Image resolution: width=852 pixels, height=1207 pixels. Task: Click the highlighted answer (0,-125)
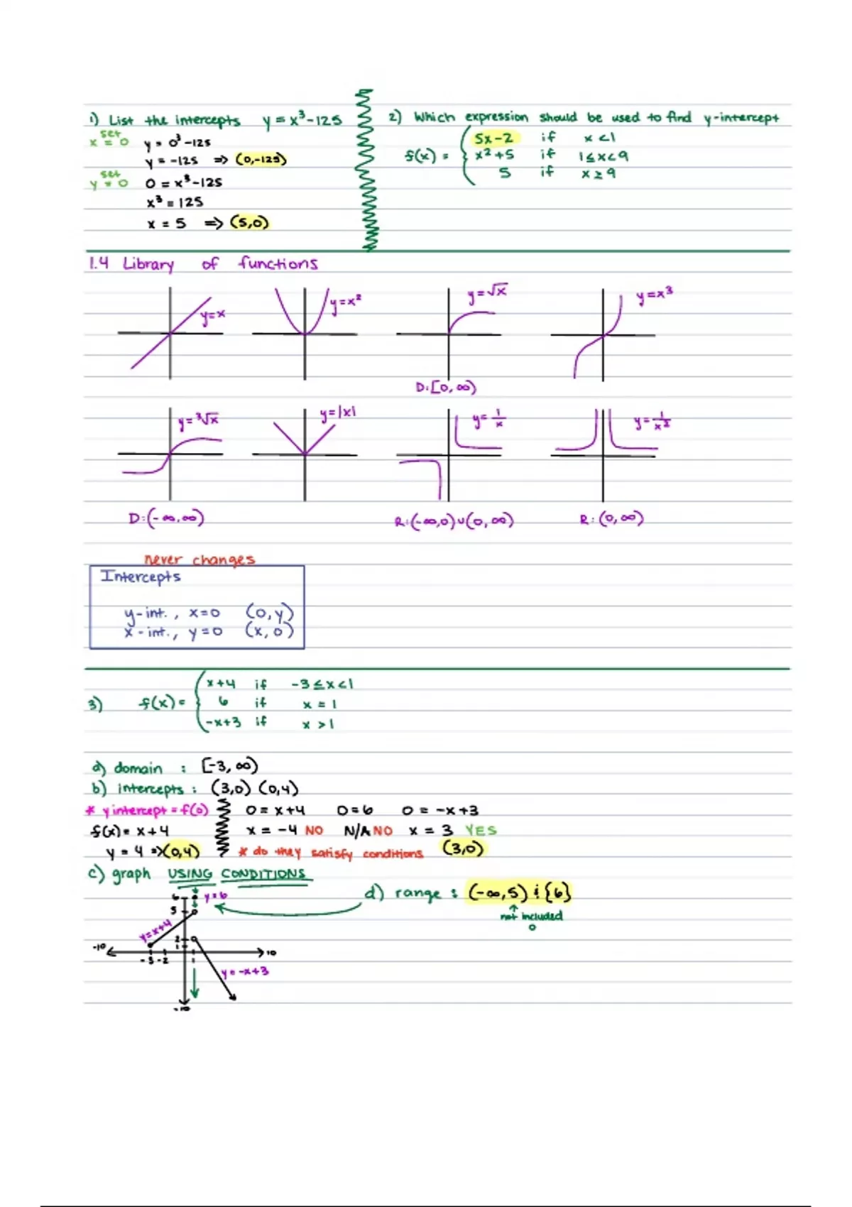tap(261, 159)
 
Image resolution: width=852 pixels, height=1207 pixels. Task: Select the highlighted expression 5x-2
tap(494, 138)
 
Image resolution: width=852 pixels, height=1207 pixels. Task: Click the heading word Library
tap(148, 264)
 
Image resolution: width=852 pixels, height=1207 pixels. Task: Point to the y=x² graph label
tap(346, 302)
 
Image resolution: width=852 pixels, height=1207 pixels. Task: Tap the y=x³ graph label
tap(654, 295)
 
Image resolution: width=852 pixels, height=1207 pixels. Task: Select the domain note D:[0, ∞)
tap(446, 388)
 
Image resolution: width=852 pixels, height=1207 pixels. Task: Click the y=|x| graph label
tap(338, 413)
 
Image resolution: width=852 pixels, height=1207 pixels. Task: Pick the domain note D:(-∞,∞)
tap(166, 518)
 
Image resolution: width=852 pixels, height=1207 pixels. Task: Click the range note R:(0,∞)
tap(611, 519)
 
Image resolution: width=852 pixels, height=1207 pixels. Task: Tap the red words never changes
tap(200, 559)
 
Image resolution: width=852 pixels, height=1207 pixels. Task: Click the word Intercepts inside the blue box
tap(141, 577)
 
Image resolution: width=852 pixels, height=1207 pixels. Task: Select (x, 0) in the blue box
tap(269, 630)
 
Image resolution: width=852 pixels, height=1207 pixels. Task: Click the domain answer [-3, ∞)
tap(229, 766)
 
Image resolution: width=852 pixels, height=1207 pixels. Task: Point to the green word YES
tap(481, 830)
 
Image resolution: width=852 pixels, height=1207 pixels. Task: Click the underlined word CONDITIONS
tap(263, 874)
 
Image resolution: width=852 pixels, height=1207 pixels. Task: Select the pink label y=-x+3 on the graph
tap(244, 971)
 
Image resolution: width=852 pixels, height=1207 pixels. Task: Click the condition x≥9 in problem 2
tap(598, 173)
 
